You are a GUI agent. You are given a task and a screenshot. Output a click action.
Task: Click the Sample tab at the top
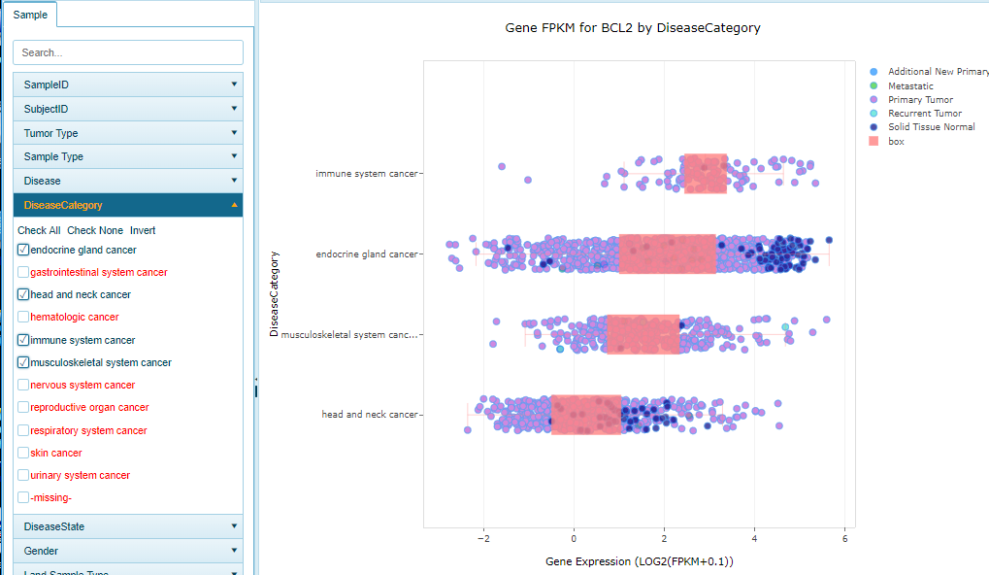[29, 15]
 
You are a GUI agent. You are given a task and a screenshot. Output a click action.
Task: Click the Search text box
[128, 52]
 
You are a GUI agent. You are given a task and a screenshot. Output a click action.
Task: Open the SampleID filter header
[128, 85]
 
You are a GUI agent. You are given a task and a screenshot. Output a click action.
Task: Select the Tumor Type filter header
[128, 133]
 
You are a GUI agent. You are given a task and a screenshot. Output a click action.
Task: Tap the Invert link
[143, 230]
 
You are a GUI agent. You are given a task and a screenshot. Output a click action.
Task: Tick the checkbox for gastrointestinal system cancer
[23, 272]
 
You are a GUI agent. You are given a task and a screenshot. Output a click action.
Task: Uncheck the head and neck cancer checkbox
[23, 294]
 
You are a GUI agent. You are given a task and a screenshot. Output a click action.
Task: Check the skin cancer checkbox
[23, 453]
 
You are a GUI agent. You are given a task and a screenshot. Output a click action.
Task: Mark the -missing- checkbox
[23, 497]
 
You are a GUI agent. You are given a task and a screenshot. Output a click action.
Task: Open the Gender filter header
[128, 551]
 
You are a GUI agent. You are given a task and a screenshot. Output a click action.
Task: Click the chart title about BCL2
[633, 28]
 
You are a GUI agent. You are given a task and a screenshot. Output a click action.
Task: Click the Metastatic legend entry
[910, 85]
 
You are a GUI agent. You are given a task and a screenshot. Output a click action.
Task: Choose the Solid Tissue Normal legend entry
[931, 127]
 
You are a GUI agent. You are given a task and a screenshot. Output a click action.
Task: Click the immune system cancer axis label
[367, 174]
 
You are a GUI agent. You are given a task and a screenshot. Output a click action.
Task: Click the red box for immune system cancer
[706, 174]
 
